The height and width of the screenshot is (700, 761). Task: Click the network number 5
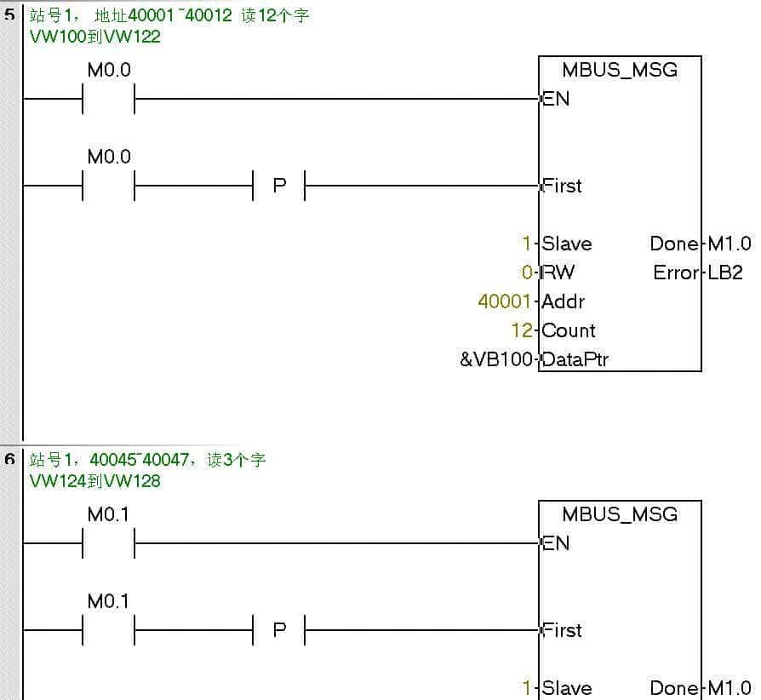[9, 15]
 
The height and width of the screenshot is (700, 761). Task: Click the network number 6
[9, 460]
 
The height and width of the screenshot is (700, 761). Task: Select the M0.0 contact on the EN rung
[109, 99]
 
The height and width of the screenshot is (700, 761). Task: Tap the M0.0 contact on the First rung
[109, 185]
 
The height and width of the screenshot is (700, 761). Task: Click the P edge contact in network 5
[279, 185]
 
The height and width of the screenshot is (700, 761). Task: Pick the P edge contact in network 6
[279, 630]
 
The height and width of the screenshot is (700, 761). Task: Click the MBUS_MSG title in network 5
[620, 71]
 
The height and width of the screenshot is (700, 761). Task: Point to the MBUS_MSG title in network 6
[620, 514]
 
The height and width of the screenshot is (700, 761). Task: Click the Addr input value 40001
[506, 301]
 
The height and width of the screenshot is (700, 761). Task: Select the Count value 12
[522, 330]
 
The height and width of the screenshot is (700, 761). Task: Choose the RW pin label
[558, 273]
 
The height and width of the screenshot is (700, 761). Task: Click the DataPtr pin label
[575, 359]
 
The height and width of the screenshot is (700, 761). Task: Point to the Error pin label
[675, 273]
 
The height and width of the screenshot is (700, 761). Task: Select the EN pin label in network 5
[556, 99]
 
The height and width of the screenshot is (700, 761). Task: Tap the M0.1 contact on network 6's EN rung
[109, 543]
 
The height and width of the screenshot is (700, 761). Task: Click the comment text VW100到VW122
[94, 37]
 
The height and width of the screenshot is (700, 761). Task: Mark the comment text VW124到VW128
[94, 481]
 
